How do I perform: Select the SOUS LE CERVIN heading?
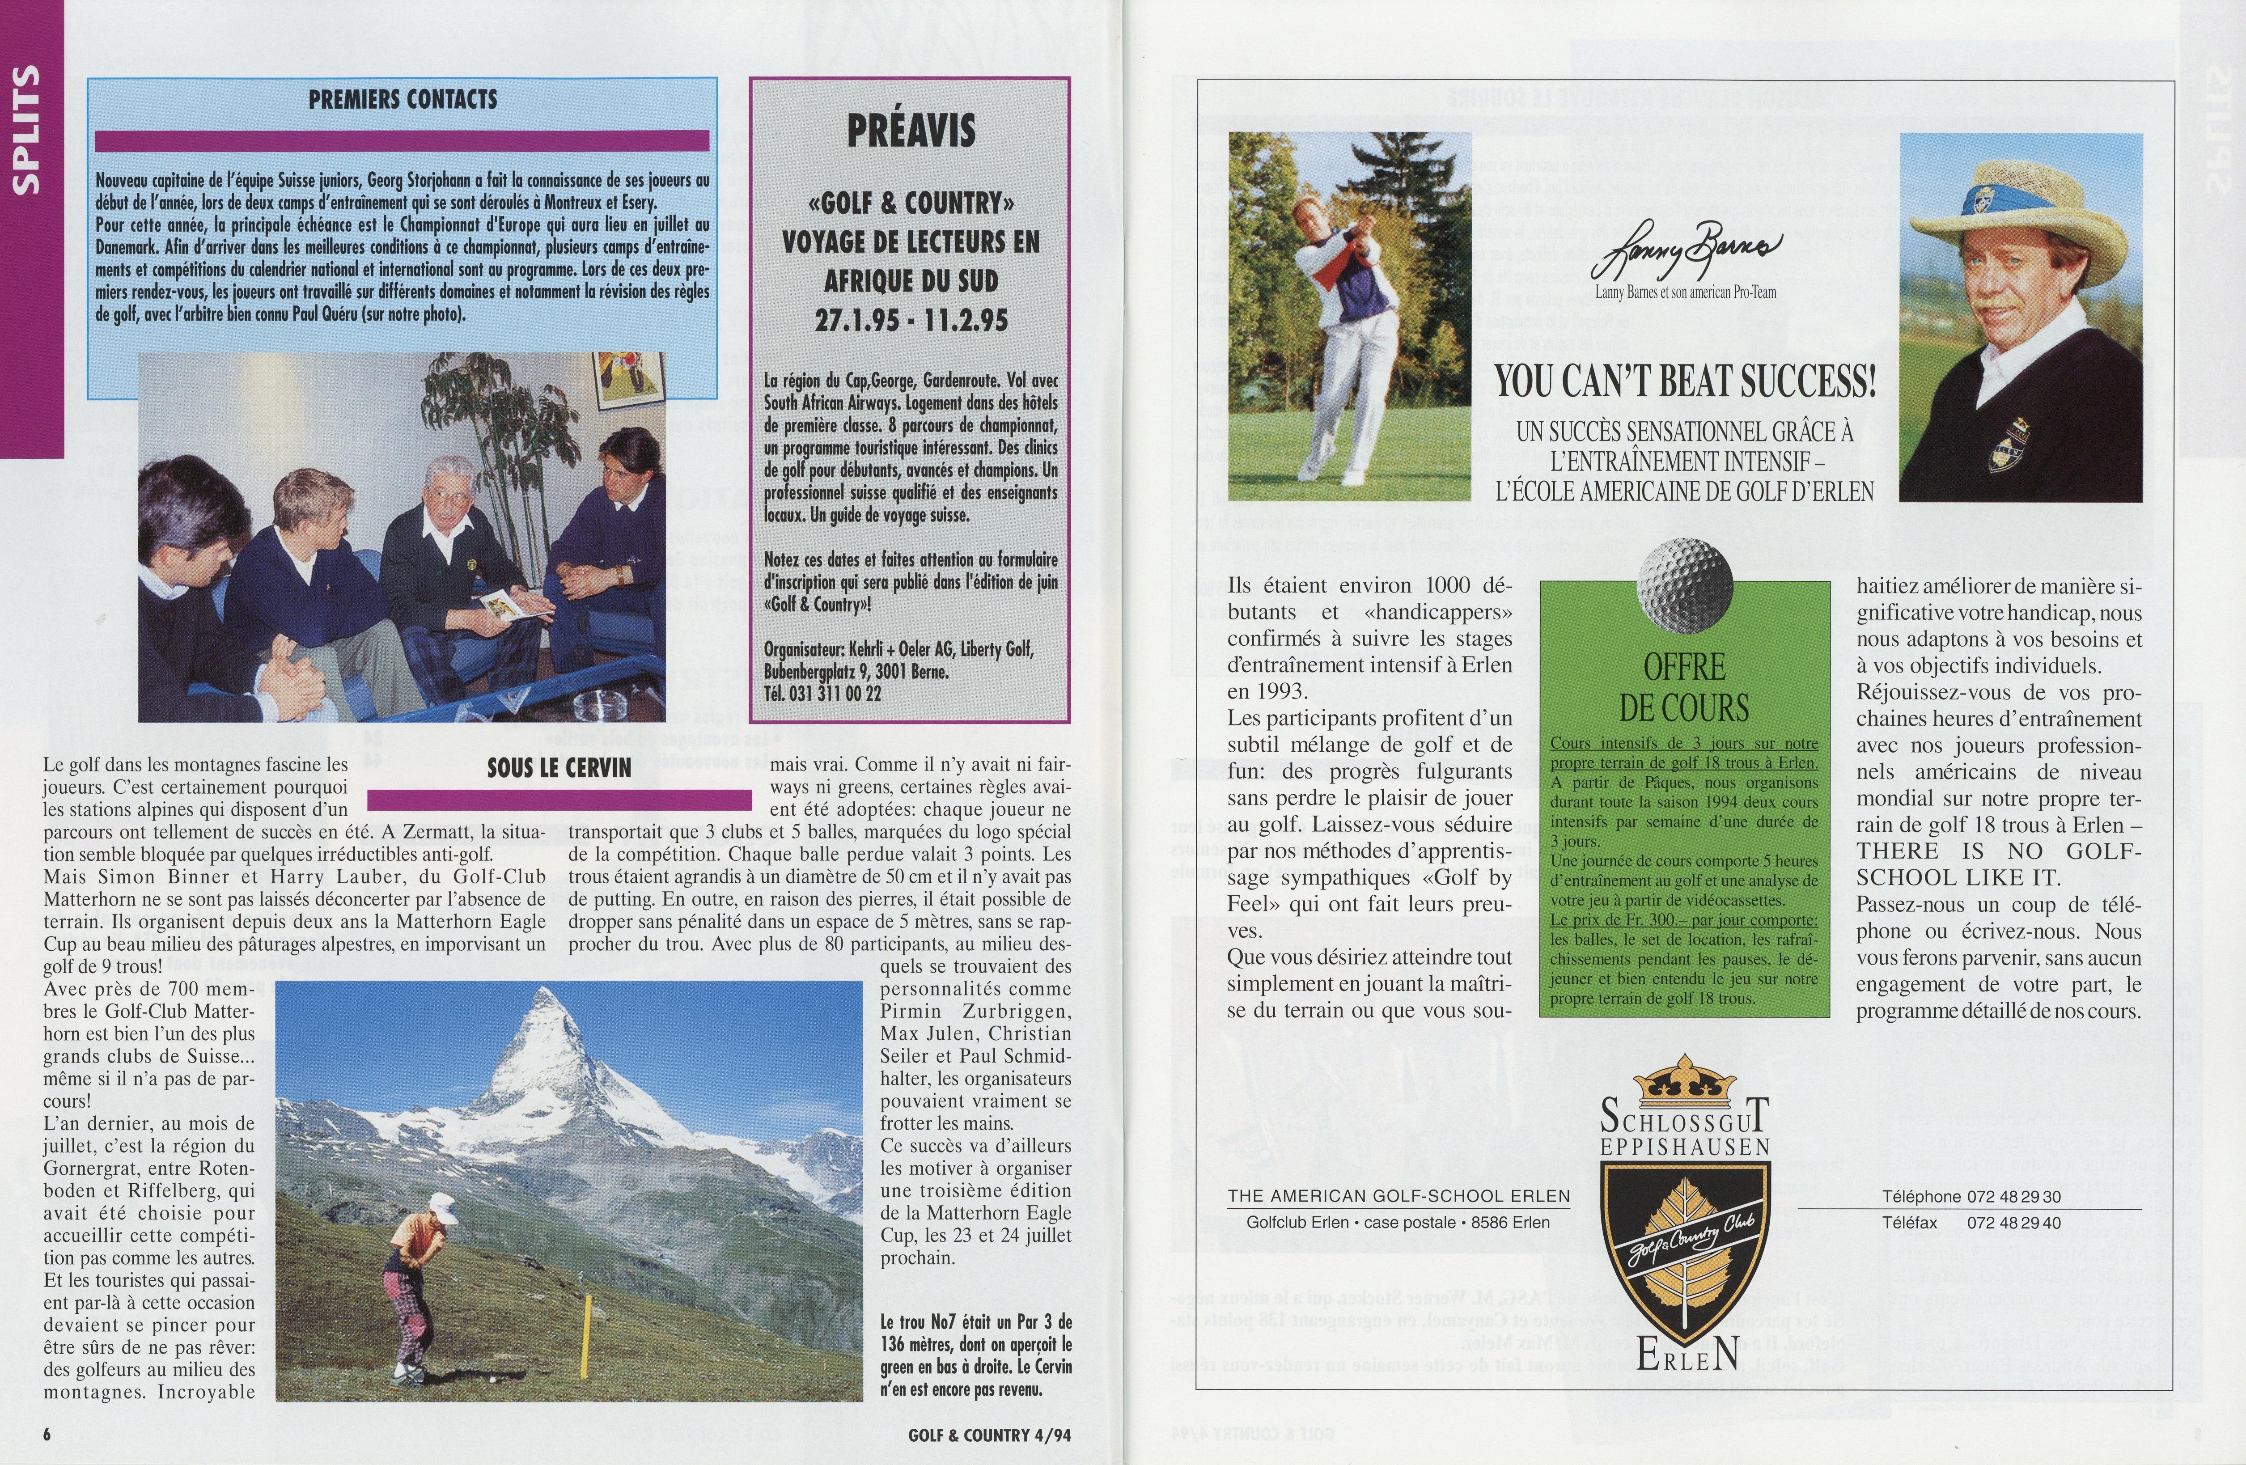click(559, 768)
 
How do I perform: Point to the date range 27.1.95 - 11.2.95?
click(911, 320)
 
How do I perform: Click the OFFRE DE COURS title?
click(1684, 687)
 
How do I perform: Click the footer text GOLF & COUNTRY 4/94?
click(989, 1435)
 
